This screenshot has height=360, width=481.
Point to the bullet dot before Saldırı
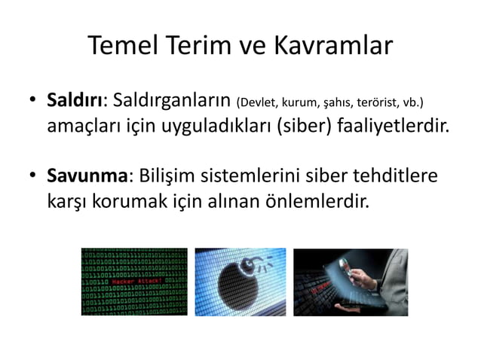(33, 102)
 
